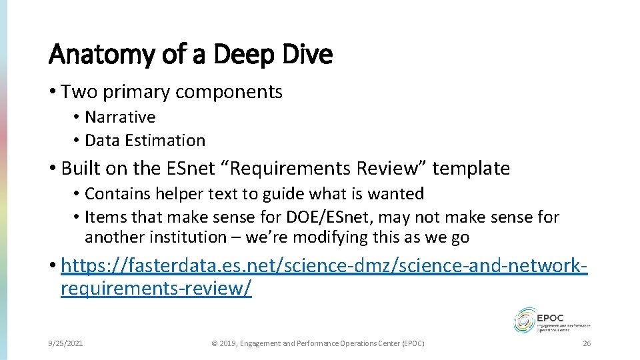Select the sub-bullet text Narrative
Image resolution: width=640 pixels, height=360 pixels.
click(x=120, y=117)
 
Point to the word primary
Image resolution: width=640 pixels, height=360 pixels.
click(x=139, y=92)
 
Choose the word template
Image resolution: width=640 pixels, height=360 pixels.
click(x=471, y=169)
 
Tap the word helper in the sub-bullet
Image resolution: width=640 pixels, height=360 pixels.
click(x=178, y=194)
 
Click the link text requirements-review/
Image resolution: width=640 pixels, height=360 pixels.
click(x=156, y=289)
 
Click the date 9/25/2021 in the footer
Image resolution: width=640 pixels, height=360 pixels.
click(x=65, y=343)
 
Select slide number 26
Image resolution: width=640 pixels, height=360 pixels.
click(x=587, y=343)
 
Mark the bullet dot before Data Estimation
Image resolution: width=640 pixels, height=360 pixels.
click(x=77, y=141)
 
